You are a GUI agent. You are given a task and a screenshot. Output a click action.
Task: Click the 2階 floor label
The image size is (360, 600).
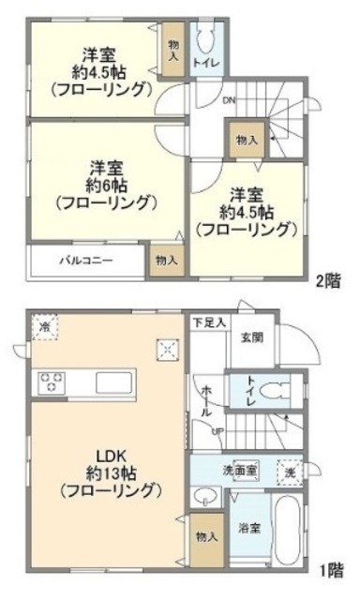tap(329, 278)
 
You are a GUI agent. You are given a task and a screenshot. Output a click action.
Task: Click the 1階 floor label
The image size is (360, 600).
tap(329, 568)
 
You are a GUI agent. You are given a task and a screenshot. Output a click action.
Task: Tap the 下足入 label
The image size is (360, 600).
tap(209, 323)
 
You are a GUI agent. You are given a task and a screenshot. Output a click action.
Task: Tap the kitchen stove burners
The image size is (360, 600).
tap(51, 382)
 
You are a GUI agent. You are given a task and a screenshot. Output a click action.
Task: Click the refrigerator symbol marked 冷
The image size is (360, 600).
tap(45, 327)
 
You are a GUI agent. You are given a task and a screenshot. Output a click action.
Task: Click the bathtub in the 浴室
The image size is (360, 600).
tap(288, 529)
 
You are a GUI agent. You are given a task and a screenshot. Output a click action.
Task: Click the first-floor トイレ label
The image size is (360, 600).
tap(250, 388)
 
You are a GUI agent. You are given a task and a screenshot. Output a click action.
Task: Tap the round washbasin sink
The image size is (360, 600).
tap(202, 497)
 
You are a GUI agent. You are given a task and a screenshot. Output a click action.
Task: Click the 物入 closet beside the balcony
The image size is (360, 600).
tap(167, 260)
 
